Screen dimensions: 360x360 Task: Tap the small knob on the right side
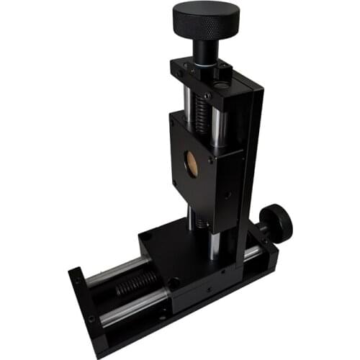[276, 222]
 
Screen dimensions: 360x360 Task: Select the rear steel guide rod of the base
[115, 270]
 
